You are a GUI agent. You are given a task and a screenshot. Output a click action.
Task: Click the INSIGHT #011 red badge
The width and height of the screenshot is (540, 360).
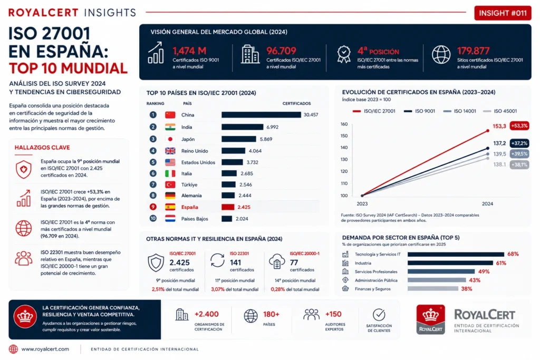pyautogui.click(x=503, y=13)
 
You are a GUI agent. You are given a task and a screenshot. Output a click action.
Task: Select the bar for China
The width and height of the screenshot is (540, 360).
pyautogui.click(x=261, y=114)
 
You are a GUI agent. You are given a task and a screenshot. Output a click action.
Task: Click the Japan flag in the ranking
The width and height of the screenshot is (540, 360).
pyautogui.click(x=170, y=139)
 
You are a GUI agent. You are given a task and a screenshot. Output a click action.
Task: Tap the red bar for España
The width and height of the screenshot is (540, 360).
pyautogui.click(x=228, y=207)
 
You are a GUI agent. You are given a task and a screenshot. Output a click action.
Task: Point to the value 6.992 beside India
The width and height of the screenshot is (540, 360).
pyautogui.click(x=272, y=127)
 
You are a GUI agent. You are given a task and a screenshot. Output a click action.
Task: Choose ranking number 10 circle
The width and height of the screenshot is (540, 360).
pyautogui.click(x=153, y=218)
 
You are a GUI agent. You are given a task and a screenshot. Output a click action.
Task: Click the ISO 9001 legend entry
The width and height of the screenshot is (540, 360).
pyautogui.click(x=419, y=111)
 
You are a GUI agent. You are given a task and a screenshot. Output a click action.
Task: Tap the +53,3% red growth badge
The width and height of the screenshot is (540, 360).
pyautogui.click(x=519, y=125)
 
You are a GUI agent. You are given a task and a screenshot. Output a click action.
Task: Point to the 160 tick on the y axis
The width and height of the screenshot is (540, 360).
pyautogui.click(x=344, y=124)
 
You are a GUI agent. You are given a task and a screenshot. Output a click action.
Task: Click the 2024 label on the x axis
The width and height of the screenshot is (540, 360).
pyautogui.click(x=487, y=204)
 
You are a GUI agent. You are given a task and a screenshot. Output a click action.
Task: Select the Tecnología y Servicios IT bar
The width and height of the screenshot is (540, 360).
pyautogui.click(x=456, y=255)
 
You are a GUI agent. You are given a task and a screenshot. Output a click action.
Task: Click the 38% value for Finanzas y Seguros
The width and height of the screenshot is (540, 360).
pyautogui.click(x=467, y=289)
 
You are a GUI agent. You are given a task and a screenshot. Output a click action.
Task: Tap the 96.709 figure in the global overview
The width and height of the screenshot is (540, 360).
pyautogui.click(x=281, y=51)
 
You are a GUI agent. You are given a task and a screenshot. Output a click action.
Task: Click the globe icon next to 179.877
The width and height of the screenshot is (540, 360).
pyautogui.click(x=441, y=55)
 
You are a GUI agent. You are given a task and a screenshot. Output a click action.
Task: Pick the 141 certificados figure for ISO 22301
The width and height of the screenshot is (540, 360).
pyautogui.click(x=236, y=262)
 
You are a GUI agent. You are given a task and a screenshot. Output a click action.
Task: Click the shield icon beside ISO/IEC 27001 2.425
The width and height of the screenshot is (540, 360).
pyautogui.click(x=156, y=262)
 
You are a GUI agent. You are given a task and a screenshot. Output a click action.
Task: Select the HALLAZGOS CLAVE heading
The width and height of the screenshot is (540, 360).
pyautogui.click(x=42, y=148)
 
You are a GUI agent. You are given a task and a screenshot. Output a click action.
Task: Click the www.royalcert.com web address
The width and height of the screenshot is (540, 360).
pyautogui.click(x=45, y=349)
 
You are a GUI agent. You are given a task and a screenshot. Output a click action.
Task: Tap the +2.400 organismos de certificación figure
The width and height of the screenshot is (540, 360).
pyautogui.click(x=206, y=314)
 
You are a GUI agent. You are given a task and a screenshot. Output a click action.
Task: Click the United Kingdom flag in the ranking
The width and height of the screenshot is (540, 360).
pyautogui.click(x=170, y=151)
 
